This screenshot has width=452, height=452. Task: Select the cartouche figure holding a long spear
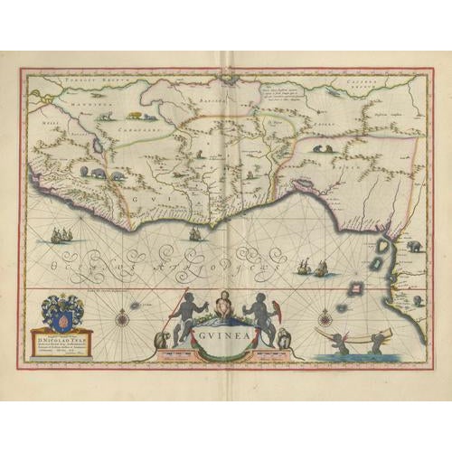(186, 311)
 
